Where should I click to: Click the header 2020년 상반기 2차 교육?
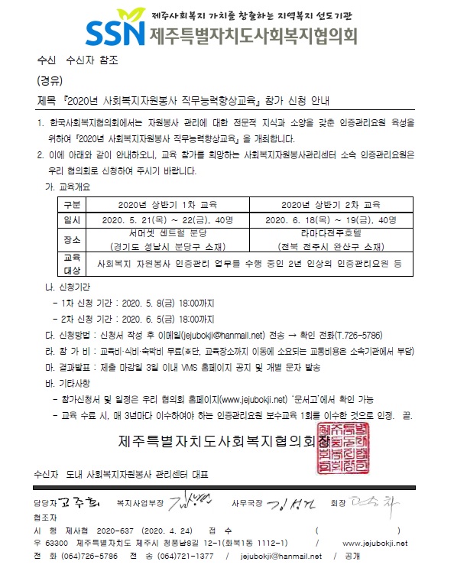[x=330, y=205]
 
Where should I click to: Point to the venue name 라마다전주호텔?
[x=330, y=232]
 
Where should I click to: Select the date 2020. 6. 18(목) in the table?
[x=298, y=220]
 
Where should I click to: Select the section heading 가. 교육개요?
[x=70, y=187]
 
